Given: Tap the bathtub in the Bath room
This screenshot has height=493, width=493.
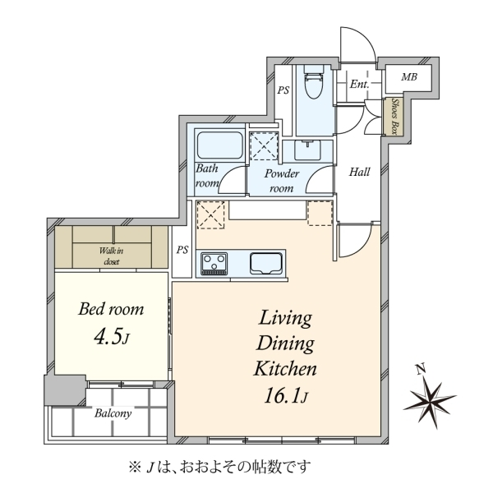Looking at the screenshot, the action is (x=219, y=145).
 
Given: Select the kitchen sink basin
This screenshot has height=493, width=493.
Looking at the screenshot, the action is (x=265, y=263).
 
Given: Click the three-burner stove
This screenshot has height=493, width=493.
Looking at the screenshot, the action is (x=214, y=264).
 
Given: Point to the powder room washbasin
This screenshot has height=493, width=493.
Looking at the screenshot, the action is (x=307, y=150).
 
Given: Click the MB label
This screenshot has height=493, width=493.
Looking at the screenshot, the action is (x=409, y=77).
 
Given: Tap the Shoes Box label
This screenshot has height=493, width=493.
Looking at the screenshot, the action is (x=395, y=117).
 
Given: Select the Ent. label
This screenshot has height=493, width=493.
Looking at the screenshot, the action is (x=360, y=85).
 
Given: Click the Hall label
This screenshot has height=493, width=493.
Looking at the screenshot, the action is (x=360, y=172).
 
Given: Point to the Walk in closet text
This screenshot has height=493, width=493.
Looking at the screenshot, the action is (x=111, y=256).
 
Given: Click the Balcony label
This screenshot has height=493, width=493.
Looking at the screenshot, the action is (x=113, y=413).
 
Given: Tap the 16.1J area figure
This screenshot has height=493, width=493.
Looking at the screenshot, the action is (x=285, y=396).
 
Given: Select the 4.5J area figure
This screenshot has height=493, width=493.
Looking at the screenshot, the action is (x=111, y=338).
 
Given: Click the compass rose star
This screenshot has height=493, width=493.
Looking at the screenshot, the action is (x=430, y=403).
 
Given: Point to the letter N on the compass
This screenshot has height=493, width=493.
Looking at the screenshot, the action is (x=421, y=368).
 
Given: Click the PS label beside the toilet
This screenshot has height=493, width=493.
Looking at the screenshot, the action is (x=283, y=90).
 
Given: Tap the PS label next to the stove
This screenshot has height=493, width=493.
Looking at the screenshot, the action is (x=182, y=250).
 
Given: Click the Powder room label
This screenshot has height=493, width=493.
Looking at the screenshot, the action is (x=282, y=181).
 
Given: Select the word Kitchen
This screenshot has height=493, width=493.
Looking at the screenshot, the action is (x=285, y=368).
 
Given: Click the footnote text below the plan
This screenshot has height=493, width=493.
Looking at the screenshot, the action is (x=220, y=467).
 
